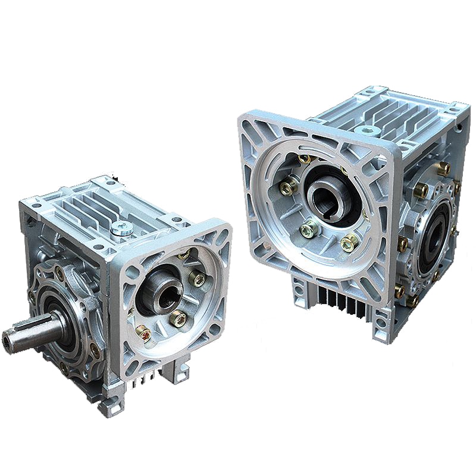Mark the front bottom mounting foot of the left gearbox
tap(110, 405)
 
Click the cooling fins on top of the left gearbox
tap(89, 205)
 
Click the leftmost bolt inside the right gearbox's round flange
tap(288, 187)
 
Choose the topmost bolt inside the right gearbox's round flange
tap(305, 158)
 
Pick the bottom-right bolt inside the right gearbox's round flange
tap(350, 243)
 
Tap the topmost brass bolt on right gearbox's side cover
tap(443, 168)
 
